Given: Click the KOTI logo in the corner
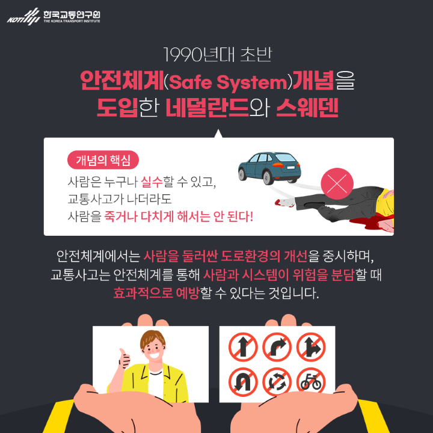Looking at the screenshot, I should [53, 16].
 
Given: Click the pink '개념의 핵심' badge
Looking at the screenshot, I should [103, 160].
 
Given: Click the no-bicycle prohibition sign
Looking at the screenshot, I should [311, 381].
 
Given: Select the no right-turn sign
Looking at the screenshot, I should [277, 346].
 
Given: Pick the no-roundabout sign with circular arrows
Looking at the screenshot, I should [277, 381].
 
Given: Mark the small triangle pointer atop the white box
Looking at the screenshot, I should [218, 134].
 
